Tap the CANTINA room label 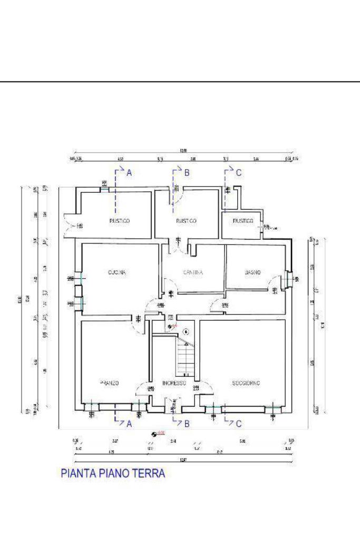click(193, 272)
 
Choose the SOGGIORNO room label click(247, 383)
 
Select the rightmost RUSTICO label click(243, 221)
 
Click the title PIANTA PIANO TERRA click(113, 473)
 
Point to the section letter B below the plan click(186, 423)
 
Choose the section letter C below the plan click(239, 423)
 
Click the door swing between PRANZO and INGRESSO click(143, 389)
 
